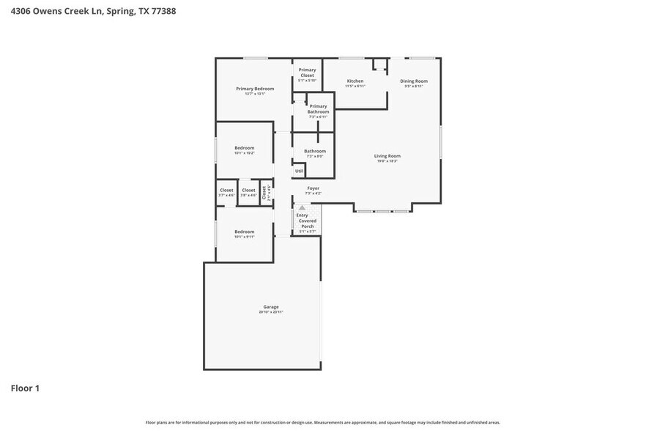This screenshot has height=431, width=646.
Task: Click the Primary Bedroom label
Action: pyautogui.click(x=255, y=89)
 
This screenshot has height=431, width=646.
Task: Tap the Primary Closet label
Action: pyautogui.click(x=307, y=73)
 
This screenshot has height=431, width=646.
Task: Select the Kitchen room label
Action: pyautogui.click(x=355, y=81)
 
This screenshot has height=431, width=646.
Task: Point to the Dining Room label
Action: pyautogui.click(x=414, y=81)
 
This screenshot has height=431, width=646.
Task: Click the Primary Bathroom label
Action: pyautogui.click(x=318, y=108)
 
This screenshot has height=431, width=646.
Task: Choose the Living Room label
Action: pyautogui.click(x=387, y=155)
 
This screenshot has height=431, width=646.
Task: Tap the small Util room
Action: pyautogui.click(x=299, y=171)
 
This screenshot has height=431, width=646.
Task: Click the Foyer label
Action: pyautogui.click(x=313, y=188)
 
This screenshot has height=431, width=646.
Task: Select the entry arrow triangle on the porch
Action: pyautogui.click(x=302, y=208)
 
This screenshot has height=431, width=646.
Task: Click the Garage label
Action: pyautogui.click(x=271, y=306)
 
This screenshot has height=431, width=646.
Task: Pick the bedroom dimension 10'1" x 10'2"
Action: pyautogui.click(x=244, y=153)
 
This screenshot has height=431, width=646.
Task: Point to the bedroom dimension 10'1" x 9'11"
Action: pyautogui.click(x=244, y=237)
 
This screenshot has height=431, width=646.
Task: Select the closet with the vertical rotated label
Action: pyautogui.click(x=266, y=192)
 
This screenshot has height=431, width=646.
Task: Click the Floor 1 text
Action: pyautogui.click(x=24, y=388)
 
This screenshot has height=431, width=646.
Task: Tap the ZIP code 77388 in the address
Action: pyautogui.click(x=164, y=11)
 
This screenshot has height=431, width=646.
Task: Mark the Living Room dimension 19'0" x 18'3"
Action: pyautogui.click(x=387, y=161)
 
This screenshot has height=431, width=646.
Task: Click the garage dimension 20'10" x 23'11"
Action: pyautogui.click(x=271, y=312)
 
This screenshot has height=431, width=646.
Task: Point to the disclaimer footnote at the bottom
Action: pyautogui.click(x=322, y=422)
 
